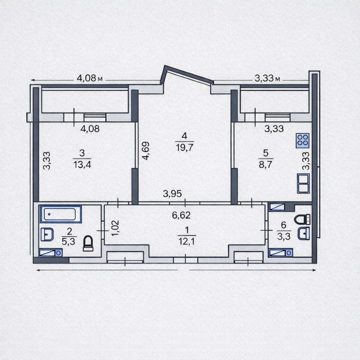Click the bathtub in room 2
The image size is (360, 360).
click(x=60, y=214)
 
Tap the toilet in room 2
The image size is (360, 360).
click(x=88, y=243)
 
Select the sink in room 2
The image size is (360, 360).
click(x=47, y=234)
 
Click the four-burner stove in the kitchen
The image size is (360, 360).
click(x=303, y=140)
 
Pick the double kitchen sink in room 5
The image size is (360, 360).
click(x=303, y=183)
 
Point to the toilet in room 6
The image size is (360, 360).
click(x=302, y=219)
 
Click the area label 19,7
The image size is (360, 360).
click(x=185, y=147)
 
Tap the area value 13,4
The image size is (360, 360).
click(x=82, y=165)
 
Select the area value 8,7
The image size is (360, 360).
click(x=266, y=165)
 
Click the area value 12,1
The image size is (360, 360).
click(x=186, y=241)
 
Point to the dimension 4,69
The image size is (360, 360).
click(x=145, y=150)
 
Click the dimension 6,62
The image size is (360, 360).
click(x=181, y=215)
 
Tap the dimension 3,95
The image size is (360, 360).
click(x=172, y=194)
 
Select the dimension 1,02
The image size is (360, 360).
click(x=115, y=228)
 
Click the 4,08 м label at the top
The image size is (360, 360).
click(x=90, y=78)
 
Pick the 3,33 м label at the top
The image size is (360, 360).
click(x=267, y=78)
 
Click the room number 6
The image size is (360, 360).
click(x=284, y=225)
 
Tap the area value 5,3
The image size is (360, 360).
click(x=68, y=242)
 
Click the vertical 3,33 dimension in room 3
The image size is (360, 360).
click(x=47, y=161)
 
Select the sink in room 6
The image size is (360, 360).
click(x=303, y=234)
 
